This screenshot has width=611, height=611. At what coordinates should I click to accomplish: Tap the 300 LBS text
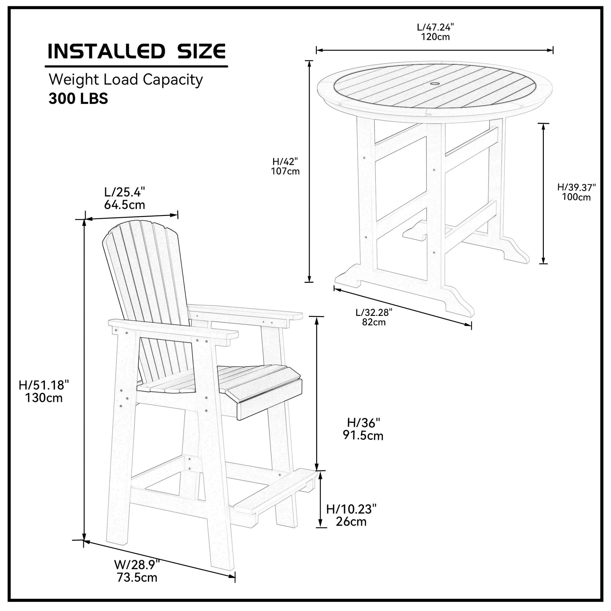tap(78, 99)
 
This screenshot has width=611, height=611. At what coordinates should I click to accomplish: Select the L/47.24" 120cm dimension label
tap(435, 32)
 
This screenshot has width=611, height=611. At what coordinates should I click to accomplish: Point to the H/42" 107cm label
tap(285, 166)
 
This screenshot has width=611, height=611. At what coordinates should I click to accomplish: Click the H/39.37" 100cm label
tap(576, 192)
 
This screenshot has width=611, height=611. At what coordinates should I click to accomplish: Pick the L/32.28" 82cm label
tap(374, 317)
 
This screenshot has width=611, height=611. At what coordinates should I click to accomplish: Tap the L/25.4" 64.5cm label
tap(125, 198)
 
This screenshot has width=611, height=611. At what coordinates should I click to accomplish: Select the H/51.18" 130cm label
tap(44, 391)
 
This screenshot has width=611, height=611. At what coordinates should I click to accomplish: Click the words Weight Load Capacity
tap(126, 80)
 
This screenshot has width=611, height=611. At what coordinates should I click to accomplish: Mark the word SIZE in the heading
tap(202, 51)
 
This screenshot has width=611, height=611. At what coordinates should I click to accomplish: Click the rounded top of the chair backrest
tap(141, 226)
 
